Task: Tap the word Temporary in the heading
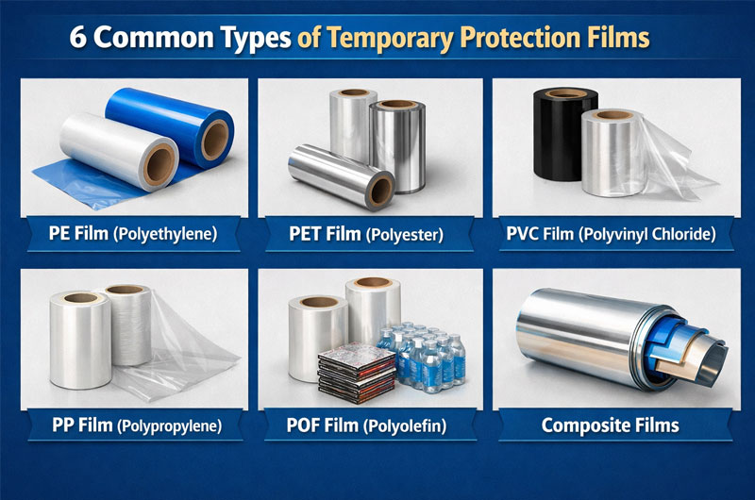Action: (386, 39)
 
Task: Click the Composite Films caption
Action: (610, 425)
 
